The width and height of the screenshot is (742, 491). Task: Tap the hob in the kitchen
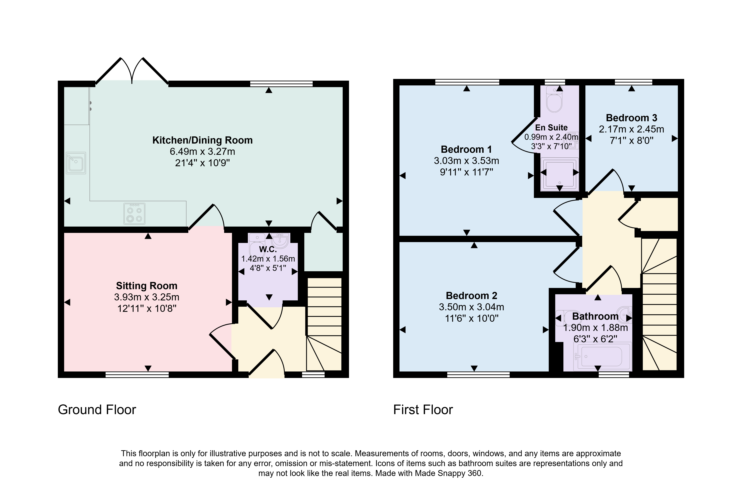134,214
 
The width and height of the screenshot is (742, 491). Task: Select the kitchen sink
76,163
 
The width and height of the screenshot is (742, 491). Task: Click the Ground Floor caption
97,410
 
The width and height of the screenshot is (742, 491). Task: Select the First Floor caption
423,410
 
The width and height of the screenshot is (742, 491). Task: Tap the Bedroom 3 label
631,118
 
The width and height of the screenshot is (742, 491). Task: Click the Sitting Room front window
137,375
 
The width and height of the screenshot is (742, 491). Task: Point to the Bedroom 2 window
478,375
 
